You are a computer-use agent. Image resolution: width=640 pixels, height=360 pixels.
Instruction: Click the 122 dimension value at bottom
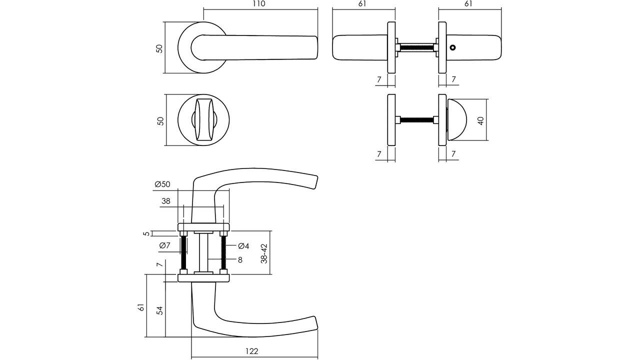pos(252,351)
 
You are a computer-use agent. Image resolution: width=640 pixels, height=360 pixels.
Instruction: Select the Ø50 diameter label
pos(162,184)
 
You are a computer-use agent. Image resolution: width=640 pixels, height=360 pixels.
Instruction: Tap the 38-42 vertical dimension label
pos(264,253)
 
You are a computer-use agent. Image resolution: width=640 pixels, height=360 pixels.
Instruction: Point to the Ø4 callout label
pos(243,245)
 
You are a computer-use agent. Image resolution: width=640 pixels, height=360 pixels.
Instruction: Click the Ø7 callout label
pos(165,245)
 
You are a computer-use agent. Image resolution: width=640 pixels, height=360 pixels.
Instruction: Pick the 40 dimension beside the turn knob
pos(481,120)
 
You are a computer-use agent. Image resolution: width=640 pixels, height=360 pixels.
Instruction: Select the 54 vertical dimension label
pos(159,310)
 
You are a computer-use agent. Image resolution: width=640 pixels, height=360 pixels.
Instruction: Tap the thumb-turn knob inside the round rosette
pos(204,121)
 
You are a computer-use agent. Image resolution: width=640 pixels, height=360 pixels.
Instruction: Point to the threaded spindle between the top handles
pos(416,47)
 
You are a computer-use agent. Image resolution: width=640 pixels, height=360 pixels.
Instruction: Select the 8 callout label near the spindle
pos(240,259)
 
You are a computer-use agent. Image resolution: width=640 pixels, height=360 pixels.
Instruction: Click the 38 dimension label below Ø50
pos(166,201)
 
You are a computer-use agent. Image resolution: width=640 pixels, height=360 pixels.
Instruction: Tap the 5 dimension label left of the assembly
pos(146,233)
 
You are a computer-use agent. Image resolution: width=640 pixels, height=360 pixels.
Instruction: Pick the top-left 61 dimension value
pos(363,4)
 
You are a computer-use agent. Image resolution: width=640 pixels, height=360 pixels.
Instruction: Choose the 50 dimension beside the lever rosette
pos(159,48)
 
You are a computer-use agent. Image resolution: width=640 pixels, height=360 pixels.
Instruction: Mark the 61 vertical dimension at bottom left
pos(141,307)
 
